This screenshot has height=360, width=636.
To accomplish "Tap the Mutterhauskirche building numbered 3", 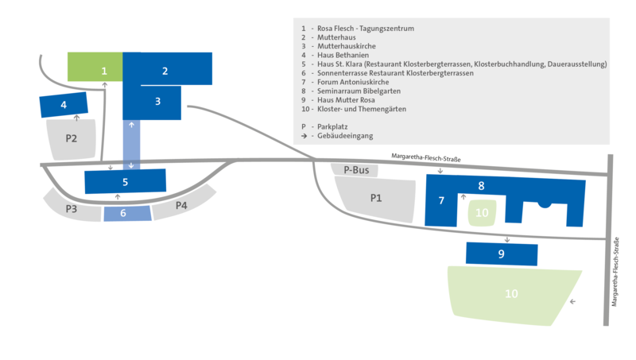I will click(x=157, y=102).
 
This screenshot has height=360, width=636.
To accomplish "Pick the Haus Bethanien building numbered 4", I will click(x=63, y=104).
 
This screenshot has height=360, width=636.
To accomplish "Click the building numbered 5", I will click(x=126, y=182).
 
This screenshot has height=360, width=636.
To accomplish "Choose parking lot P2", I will click(x=72, y=139).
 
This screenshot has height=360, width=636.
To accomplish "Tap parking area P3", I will click(x=72, y=208).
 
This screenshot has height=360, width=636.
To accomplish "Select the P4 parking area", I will click(x=181, y=206).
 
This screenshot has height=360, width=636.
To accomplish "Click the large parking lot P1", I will click(x=376, y=198).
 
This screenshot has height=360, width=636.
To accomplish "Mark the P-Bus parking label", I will click(x=355, y=169).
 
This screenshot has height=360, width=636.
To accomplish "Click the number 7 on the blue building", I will click(x=440, y=200).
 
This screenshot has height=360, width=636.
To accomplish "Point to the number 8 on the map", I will click(x=481, y=186).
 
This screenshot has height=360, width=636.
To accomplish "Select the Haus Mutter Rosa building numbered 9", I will click(x=501, y=254).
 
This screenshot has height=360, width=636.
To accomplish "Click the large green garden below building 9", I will click(x=511, y=294).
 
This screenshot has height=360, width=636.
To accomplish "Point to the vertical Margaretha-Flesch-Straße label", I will click(x=616, y=269).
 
